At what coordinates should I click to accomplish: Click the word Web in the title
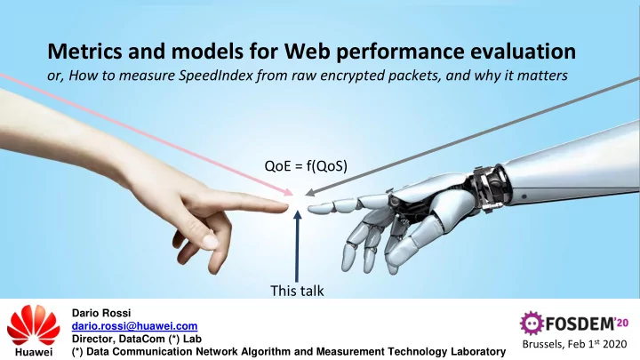click(307, 52)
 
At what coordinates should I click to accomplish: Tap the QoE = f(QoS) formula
click(306, 166)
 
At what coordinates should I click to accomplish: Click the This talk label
click(297, 291)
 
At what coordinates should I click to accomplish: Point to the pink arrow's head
click(289, 191)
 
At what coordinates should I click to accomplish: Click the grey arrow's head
click(310, 192)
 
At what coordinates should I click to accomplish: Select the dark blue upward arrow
click(298, 246)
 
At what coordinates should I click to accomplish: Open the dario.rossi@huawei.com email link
click(135, 326)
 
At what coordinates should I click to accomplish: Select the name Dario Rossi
click(101, 313)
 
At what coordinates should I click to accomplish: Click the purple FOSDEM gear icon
click(532, 324)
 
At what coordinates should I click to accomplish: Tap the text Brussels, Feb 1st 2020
click(574, 344)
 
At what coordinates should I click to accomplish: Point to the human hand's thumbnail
click(210, 242)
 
